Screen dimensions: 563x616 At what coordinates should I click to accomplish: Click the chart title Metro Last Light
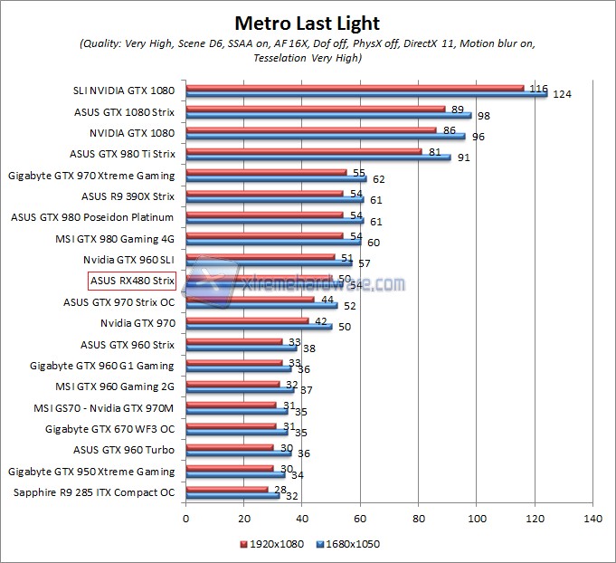[308, 23]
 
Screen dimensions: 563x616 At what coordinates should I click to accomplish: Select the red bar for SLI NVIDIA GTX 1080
[355, 88]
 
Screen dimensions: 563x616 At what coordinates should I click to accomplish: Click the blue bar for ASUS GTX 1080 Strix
[328, 115]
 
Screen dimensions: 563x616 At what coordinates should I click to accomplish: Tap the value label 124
[563, 95]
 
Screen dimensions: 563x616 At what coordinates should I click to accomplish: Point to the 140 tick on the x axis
[592, 519]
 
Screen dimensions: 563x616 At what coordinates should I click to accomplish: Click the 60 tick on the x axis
[360, 519]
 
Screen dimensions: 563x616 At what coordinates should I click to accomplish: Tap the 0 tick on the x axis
[186, 519]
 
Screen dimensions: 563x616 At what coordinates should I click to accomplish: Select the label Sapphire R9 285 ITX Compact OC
[94, 492]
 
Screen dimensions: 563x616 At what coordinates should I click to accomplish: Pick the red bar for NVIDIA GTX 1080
[311, 129]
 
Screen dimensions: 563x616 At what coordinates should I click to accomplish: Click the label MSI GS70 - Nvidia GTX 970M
[103, 406]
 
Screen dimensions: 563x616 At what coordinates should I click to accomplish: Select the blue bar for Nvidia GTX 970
[259, 325]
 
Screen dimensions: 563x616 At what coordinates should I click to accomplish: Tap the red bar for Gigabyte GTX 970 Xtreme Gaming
[266, 172]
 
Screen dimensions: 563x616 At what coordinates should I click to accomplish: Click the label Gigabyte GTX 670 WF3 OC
[109, 428]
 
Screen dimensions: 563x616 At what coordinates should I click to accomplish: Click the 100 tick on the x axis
[477, 519]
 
